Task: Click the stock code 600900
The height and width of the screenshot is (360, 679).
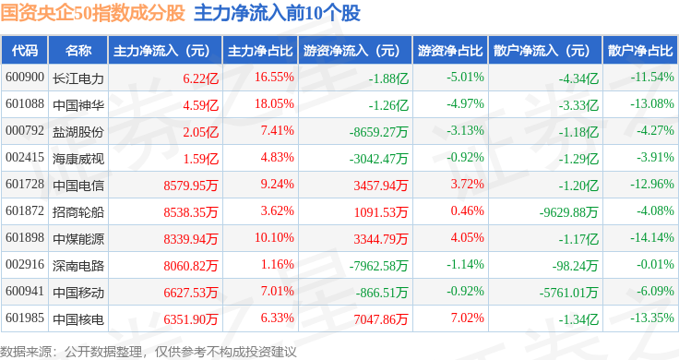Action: coord(25,78)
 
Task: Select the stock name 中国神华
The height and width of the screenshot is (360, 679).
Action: coord(78,105)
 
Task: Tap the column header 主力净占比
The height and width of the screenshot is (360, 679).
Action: coord(260,51)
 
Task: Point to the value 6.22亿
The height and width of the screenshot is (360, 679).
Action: coord(200,78)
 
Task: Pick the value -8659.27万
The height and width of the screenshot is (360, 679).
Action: coord(378,132)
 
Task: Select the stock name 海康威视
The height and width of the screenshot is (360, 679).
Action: coord(78,159)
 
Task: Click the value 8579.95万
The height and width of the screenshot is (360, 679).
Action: coord(191,186)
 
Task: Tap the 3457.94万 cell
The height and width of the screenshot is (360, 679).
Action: coord(381,186)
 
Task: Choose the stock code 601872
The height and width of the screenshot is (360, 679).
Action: coord(25,211)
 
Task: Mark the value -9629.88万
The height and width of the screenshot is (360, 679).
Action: coord(568,212)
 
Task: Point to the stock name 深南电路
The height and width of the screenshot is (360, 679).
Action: coord(78,266)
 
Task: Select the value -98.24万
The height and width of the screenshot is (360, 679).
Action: coord(575,266)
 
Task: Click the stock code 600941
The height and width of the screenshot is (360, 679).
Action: coord(25,291)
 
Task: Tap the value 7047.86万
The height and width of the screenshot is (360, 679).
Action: coord(381,319)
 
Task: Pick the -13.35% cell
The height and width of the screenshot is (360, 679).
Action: coord(652,318)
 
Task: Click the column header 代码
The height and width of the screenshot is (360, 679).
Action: coord(25,51)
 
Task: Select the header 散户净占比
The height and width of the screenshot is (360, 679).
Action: coord(640,51)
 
